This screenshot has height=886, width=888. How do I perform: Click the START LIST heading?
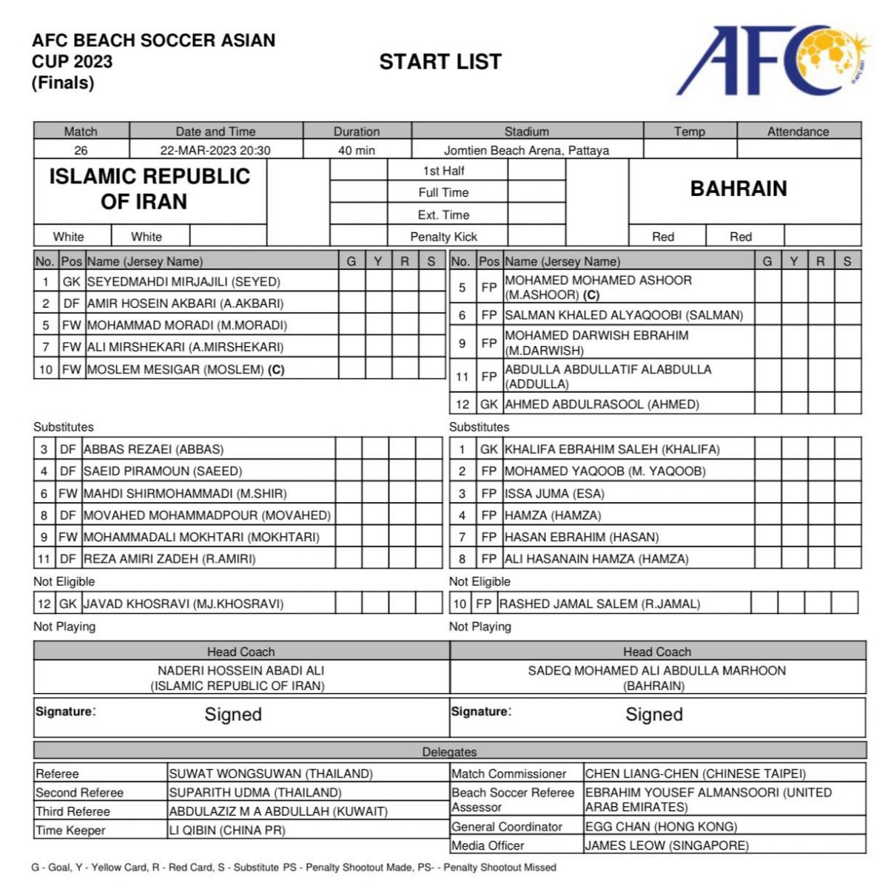pos(440,62)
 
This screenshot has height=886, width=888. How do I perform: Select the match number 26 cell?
pos(81,150)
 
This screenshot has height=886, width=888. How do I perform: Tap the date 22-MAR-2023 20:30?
pos(215,150)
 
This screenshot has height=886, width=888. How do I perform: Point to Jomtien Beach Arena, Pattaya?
pos(526,150)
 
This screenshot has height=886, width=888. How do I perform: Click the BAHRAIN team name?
pos(739,189)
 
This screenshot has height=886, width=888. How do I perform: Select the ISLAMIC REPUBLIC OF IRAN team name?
pos(149,189)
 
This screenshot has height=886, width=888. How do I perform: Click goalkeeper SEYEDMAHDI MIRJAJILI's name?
pos(184,282)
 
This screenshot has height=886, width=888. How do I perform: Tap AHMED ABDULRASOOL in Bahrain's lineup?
pos(602,404)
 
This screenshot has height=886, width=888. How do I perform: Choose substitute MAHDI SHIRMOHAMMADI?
pos(185,493)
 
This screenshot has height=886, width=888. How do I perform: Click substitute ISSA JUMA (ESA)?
pos(554,493)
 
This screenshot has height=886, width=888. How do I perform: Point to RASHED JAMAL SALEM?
pos(599,603)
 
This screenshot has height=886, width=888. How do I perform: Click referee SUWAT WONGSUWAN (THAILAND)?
pos(271,774)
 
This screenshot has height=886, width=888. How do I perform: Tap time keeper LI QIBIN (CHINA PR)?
pos(227,830)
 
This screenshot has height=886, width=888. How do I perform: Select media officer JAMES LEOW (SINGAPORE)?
pos(667,845)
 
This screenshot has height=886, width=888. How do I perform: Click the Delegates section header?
pos(449,751)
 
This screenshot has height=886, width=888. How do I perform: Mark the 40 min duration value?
pos(357,150)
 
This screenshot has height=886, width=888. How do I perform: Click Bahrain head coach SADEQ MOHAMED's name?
pos(656,671)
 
